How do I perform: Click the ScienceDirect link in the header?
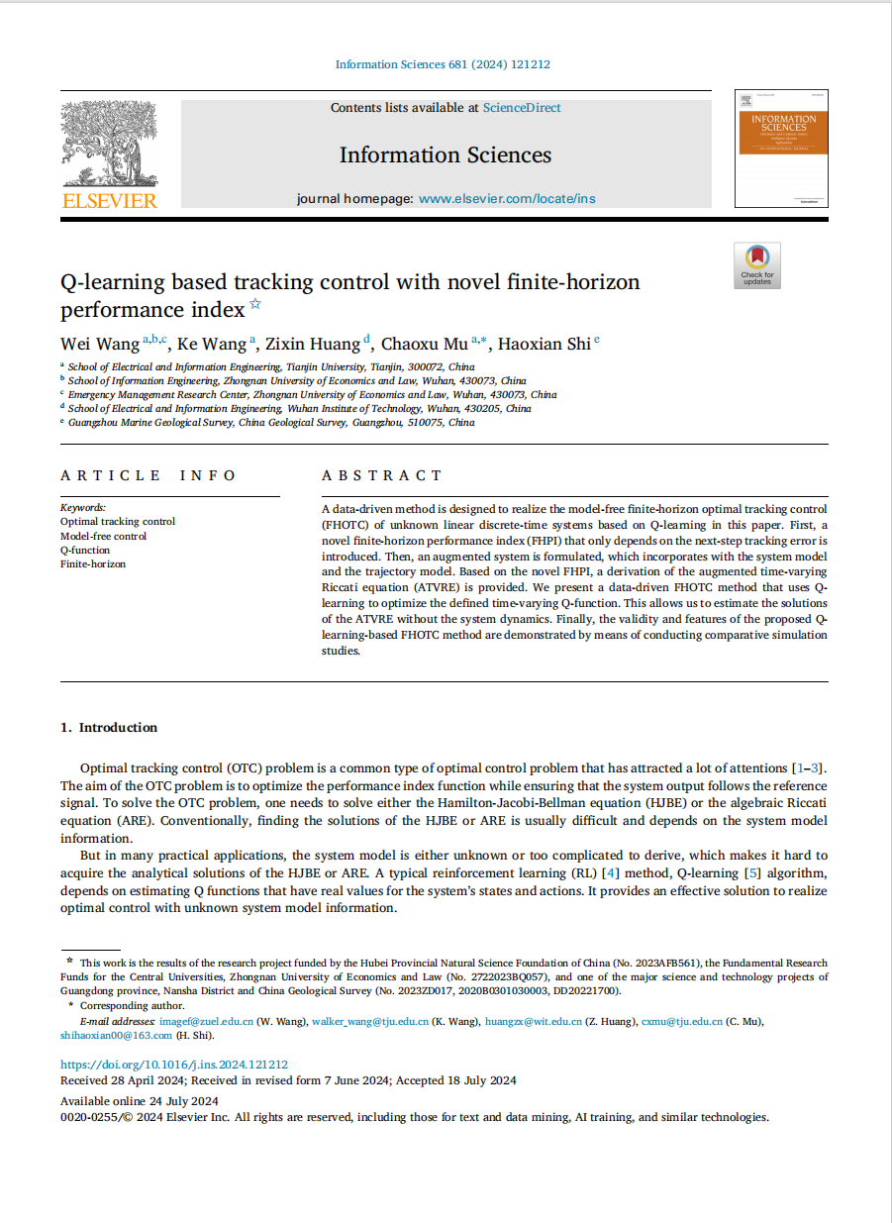522,108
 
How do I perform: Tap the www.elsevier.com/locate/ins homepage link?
507,198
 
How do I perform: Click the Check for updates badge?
757,265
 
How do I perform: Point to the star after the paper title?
255,305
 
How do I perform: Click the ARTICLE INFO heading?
149,475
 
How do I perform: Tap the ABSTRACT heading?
382,475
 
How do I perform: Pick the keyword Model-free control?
103,536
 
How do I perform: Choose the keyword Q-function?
85,550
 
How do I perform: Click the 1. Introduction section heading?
109,728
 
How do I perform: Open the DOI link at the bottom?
174,1065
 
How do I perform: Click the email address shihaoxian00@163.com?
116,1036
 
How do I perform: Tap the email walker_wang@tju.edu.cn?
367,1021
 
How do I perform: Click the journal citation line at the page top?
443,64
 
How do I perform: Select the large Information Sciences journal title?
446,155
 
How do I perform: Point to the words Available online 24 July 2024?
140,1101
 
